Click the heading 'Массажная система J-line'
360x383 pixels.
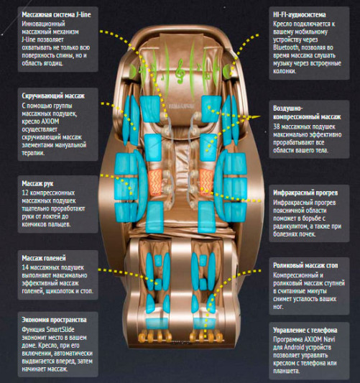[x=57, y=14]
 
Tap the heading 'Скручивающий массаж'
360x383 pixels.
[x=53, y=96]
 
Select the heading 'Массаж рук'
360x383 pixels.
[x=37, y=183]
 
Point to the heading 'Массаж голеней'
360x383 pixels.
[x=44, y=258]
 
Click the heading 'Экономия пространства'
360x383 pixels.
[x=54, y=320]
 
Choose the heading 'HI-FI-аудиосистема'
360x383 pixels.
[x=300, y=14]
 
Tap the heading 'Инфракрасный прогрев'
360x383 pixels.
[x=305, y=193]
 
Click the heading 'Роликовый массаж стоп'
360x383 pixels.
[x=305, y=265]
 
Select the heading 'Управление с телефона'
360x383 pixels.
[x=305, y=331]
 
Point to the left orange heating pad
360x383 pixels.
[x=155, y=183]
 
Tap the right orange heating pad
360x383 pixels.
[x=206, y=182]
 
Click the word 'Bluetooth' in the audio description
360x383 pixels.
[x=286, y=47]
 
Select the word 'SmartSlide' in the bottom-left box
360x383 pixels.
[x=60, y=329]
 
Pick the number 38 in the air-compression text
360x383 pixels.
[x=277, y=126]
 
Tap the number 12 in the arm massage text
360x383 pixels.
[x=25, y=193]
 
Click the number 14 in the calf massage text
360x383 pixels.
[x=25, y=267]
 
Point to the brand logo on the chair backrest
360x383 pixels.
[x=182, y=106]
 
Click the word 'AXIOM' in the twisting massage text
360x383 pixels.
[x=50, y=121]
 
